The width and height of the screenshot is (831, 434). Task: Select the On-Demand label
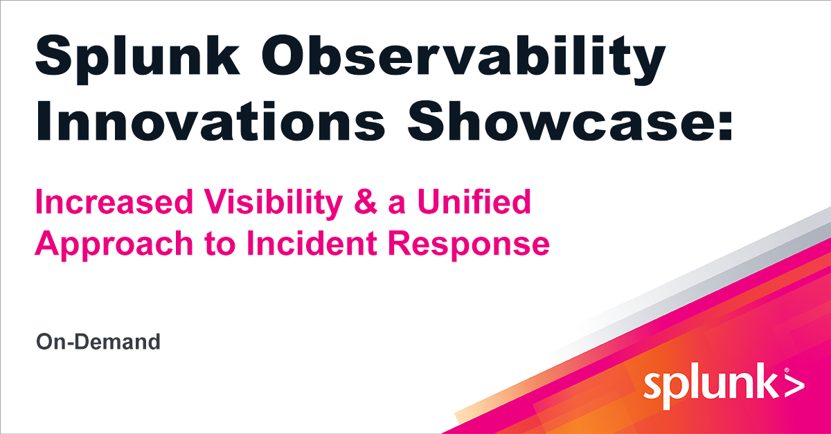tap(98, 341)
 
